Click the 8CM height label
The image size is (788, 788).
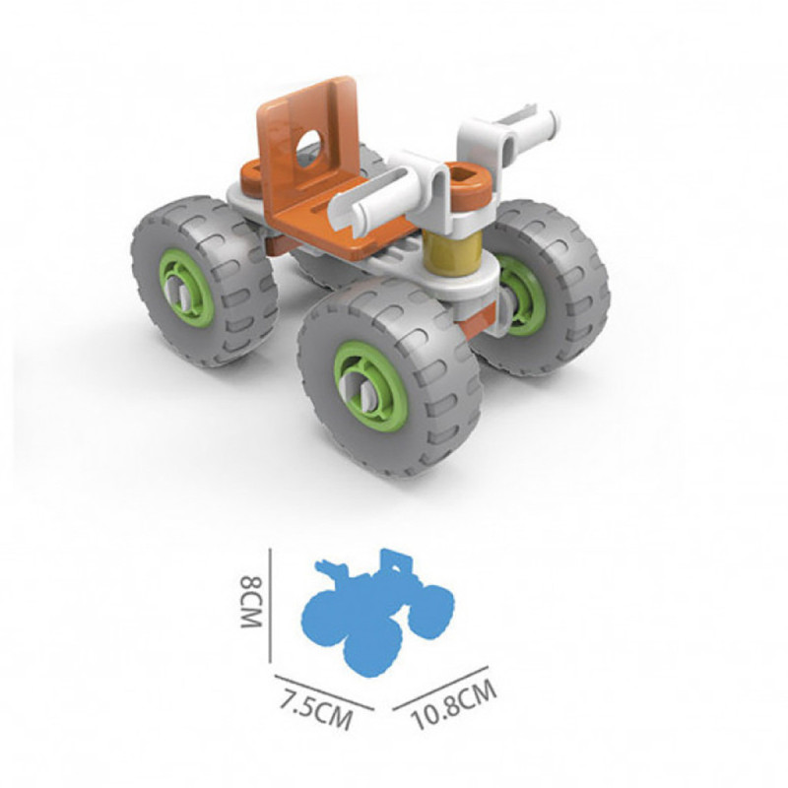pyautogui.click(x=251, y=603)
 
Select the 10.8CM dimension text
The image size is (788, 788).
pyautogui.click(x=454, y=704)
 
